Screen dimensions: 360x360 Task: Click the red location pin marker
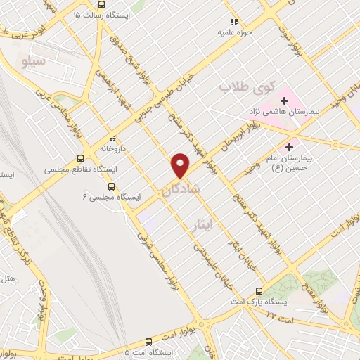click(x=181, y=165)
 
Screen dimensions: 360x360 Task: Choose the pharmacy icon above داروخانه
click(x=114, y=139)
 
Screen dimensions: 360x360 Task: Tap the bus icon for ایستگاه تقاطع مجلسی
click(x=82, y=159)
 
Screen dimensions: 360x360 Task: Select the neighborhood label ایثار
click(x=202, y=224)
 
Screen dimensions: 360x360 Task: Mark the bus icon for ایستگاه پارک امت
click(x=259, y=292)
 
